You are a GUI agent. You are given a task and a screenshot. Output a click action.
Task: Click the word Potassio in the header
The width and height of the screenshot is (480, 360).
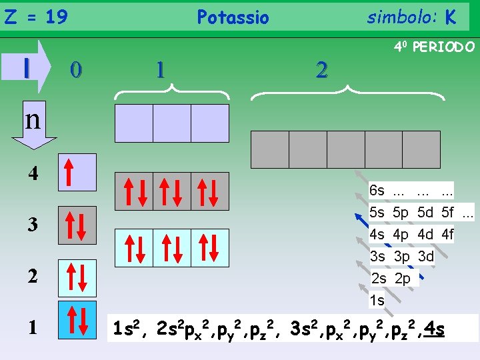tap(233, 17)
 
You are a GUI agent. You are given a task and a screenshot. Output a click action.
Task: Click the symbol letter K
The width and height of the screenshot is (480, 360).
tap(451, 17)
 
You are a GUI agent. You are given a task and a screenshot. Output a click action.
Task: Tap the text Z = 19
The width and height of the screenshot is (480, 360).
tap(36, 17)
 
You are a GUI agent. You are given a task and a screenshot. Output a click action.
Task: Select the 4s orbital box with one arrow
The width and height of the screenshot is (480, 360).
tap(77, 172)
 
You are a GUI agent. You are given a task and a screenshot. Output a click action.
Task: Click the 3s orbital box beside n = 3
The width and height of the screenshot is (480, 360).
tap(77, 225)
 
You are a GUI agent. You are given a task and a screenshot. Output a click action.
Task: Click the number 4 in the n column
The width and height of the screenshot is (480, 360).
tap(33, 175)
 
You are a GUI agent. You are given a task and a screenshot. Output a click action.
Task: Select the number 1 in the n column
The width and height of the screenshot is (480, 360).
tap(33, 327)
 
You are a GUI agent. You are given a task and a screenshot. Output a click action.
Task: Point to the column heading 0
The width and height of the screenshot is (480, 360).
tap(77, 69)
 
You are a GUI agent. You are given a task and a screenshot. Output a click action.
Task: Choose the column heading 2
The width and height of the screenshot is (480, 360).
tap(322, 70)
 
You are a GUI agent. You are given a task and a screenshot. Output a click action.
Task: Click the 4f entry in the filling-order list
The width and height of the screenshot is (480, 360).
tap(443, 235)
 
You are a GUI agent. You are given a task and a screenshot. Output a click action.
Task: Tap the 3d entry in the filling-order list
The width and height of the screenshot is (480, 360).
tap(426, 257)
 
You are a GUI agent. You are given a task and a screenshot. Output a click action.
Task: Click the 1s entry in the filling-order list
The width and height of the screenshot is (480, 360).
tap(377, 301)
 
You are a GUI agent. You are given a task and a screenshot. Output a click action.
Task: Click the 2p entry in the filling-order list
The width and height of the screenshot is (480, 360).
tap(402, 279)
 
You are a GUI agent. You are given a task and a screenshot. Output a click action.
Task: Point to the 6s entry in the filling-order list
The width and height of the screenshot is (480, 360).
tap(377, 191)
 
